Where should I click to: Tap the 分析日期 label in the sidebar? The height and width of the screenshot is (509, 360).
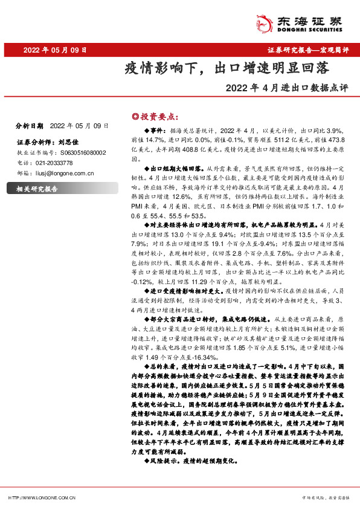tap(29, 126)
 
